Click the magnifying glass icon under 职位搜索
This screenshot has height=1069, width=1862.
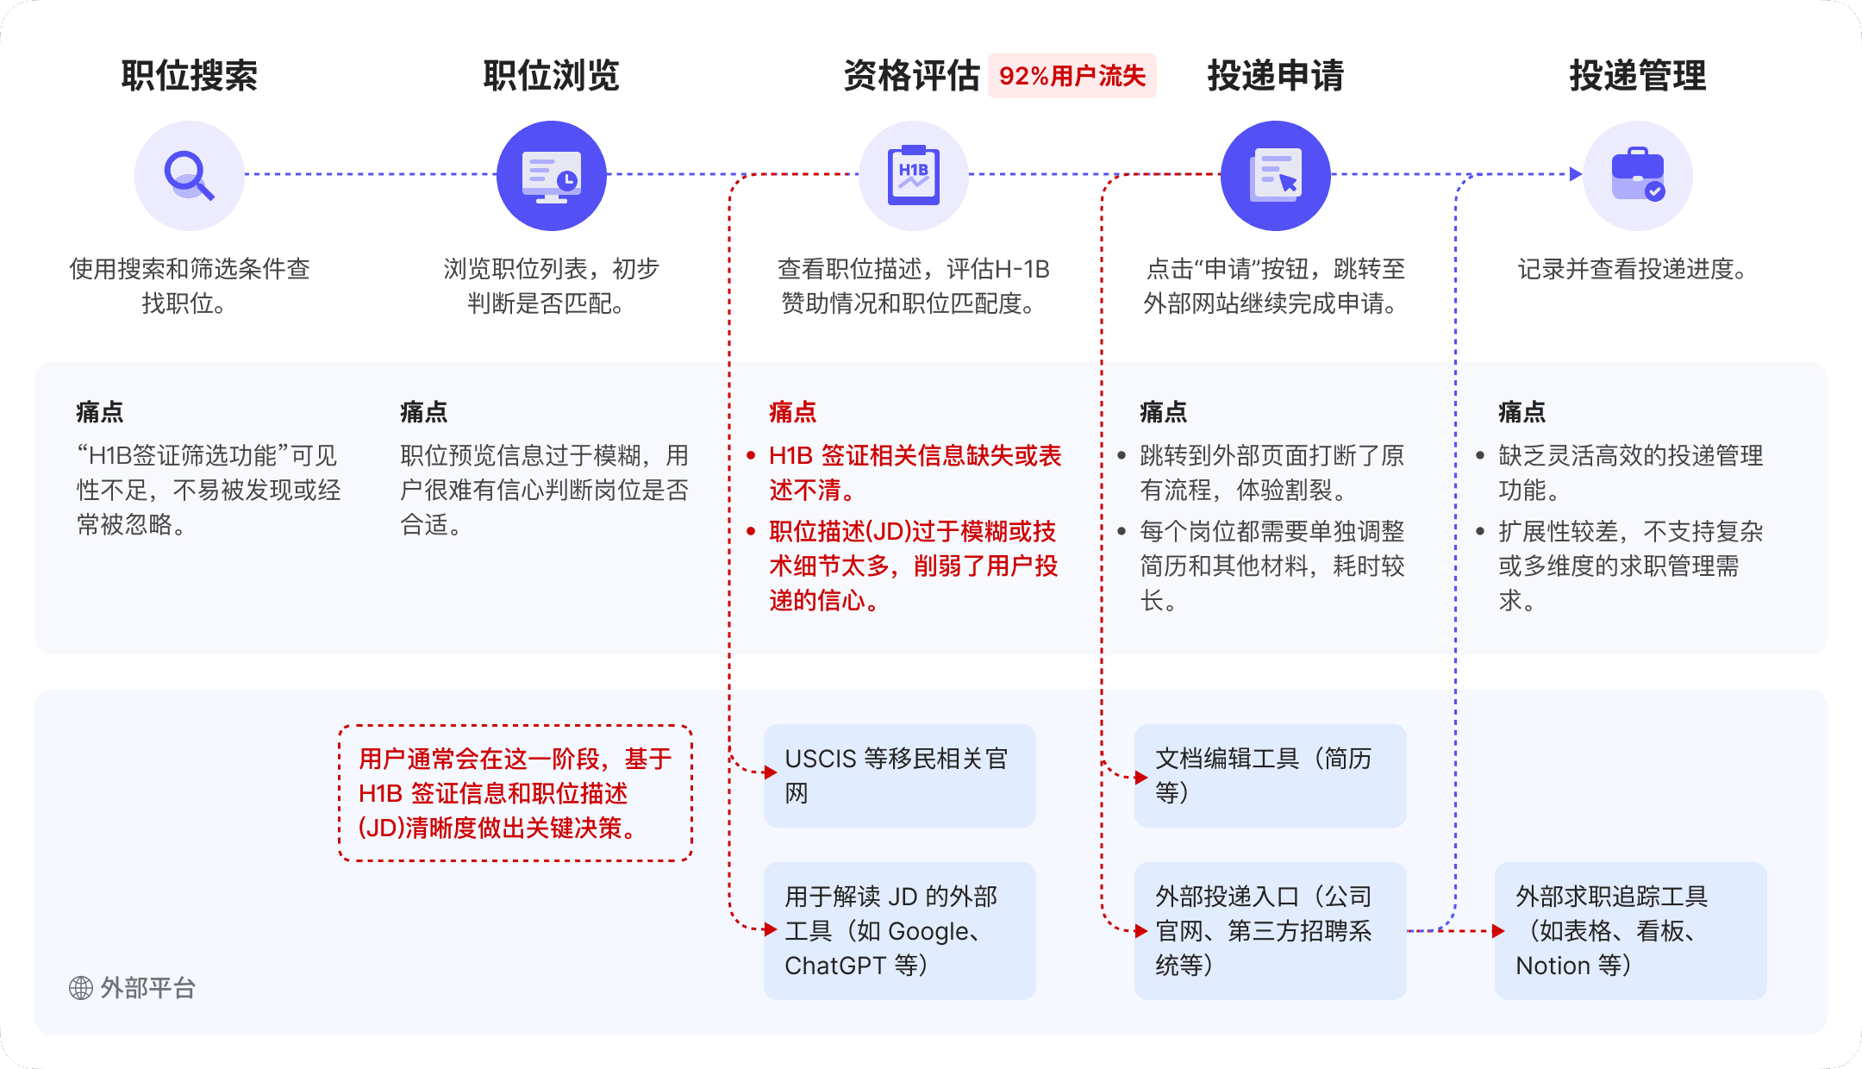click(x=189, y=176)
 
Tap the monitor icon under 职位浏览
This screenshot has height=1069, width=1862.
click(x=552, y=176)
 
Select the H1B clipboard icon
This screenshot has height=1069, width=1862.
click(x=914, y=176)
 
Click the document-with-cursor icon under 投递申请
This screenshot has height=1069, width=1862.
click(x=1276, y=176)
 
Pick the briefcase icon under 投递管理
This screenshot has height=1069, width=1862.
click(x=1638, y=176)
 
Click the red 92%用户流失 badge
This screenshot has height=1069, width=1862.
click(x=1072, y=76)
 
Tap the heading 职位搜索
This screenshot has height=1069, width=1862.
click(x=190, y=76)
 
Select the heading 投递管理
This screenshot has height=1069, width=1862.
click(x=1638, y=76)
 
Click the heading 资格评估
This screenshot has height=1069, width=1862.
click(x=912, y=76)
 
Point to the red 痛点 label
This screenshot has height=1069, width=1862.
click(x=792, y=412)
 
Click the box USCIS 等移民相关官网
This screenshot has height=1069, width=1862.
click(x=899, y=776)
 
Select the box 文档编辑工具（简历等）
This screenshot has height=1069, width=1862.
click(x=1270, y=776)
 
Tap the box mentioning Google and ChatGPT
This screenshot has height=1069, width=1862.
click(x=899, y=931)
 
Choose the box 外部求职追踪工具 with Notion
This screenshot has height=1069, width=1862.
click(x=1630, y=931)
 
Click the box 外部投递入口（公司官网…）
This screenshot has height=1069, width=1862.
click(x=1270, y=931)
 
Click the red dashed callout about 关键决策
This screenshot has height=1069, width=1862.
click(x=515, y=793)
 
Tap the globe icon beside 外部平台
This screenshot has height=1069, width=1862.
click(x=81, y=988)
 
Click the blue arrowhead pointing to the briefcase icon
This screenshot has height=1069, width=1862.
click(x=1576, y=174)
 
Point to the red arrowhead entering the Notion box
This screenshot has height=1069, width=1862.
click(x=1498, y=931)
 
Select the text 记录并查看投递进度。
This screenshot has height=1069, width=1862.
click(x=1632, y=269)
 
